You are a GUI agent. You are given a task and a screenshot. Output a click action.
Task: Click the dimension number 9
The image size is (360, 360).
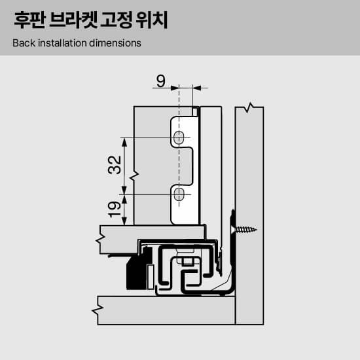[x=161, y=81]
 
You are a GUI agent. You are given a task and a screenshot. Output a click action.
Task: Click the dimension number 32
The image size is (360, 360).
[x=115, y=165]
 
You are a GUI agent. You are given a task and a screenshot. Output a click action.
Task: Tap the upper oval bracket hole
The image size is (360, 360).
[x=179, y=137]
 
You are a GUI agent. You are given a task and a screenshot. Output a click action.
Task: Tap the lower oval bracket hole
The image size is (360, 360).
[x=179, y=194]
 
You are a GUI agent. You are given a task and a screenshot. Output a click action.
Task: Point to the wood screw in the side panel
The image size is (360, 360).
[x=245, y=229]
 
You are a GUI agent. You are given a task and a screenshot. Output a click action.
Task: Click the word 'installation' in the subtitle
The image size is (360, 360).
[x=62, y=43]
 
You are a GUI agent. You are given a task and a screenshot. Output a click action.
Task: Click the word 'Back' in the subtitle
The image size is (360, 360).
[x=24, y=43]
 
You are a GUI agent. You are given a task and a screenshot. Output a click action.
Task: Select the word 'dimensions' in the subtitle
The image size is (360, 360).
[x=115, y=43]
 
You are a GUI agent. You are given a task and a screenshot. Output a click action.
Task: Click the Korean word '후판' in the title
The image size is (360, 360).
[x=29, y=20]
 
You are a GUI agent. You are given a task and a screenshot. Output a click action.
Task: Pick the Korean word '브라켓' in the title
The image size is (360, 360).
[x=73, y=20]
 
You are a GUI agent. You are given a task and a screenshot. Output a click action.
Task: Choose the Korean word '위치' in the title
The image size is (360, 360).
[x=152, y=20]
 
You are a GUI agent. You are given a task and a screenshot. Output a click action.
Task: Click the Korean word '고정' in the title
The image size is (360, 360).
[x=116, y=20]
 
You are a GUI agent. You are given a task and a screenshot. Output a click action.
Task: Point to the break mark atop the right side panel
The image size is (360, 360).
[x=250, y=107]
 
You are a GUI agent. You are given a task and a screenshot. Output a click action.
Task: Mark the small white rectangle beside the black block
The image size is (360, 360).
[x=151, y=277]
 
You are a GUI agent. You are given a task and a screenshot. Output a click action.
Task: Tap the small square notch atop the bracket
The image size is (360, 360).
[x=195, y=111]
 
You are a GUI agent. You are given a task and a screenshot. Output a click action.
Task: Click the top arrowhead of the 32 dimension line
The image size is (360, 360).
[x=124, y=142]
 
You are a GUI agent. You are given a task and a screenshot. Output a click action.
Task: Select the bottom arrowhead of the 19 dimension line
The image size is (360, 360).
[x=124, y=221]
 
